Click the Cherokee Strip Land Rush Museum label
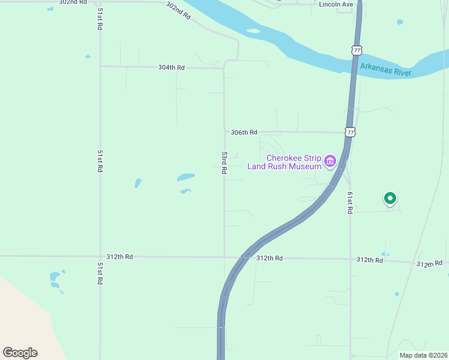(285, 162)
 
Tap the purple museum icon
(330, 161)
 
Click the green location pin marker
(390, 197)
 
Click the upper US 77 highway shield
(357, 50)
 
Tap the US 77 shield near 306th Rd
(351, 131)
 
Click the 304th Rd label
(170, 68)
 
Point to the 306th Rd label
(244, 132)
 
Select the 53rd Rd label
(224, 163)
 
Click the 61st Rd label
(349, 203)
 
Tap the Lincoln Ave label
(336, 4)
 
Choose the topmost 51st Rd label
(100, 20)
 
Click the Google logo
(20, 352)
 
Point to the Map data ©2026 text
(423, 355)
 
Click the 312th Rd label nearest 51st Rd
(119, 256)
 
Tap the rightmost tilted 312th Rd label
(430, 263)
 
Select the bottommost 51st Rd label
(100, 273)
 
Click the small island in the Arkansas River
(253, 31)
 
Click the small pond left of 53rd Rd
(186, 178)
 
